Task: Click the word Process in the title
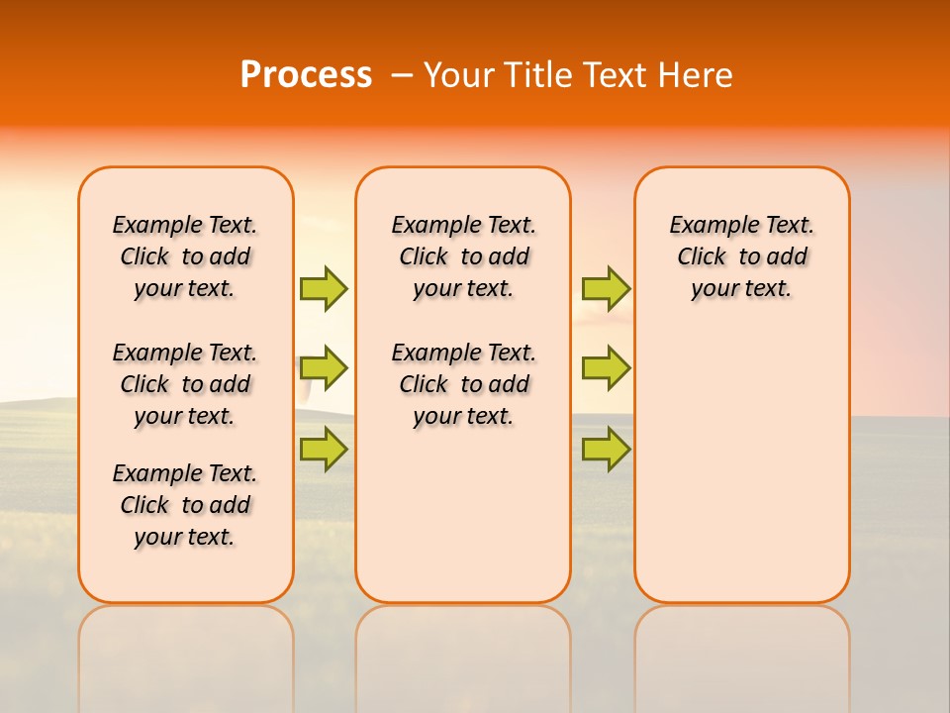306,74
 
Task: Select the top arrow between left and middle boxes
324,288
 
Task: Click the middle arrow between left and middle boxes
324,368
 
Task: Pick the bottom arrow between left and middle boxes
324,449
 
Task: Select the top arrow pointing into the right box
606,288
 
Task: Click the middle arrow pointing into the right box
606,368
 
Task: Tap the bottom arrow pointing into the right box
606,449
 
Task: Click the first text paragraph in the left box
185,256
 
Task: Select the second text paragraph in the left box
185,384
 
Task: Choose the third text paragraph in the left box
185,505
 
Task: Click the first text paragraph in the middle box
463,256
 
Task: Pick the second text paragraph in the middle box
463,384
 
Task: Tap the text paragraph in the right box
742,256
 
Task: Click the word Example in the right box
709,226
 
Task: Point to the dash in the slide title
401,75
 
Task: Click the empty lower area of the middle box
463,515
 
